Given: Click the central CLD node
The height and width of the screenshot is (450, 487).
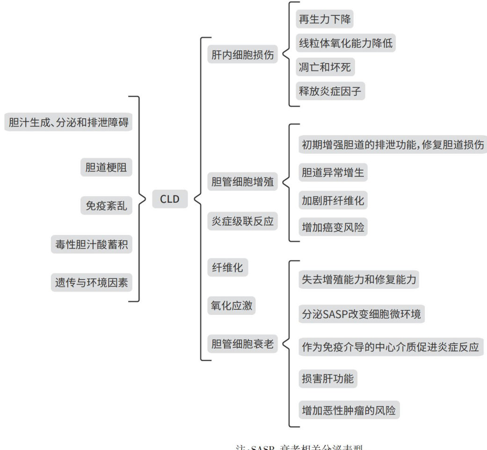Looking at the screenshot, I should click(170, 200).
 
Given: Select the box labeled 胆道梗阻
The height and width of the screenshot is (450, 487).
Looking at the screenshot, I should click(106, 167).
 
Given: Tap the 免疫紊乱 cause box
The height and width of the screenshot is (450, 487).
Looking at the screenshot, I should click(106, 206).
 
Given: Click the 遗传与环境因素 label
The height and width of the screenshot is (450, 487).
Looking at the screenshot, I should click(91, 283).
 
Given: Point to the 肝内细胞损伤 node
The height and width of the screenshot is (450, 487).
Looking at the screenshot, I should click(242, 55).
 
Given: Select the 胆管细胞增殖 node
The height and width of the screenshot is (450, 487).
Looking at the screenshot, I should click(242, 181).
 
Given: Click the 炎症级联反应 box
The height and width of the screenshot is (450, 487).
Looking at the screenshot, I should click(242, 221).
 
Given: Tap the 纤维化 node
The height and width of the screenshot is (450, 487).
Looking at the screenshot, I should click(227, 268).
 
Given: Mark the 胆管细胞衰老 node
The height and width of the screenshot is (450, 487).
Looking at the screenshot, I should click(242, 344).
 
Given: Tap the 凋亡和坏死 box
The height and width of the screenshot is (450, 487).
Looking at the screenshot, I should click(324, 67).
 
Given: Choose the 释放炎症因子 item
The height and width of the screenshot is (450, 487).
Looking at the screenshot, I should click(330, 91).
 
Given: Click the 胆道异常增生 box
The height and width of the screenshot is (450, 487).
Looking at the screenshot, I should click(333, 172).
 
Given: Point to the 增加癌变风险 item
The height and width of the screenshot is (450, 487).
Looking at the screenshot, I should click(333, 228).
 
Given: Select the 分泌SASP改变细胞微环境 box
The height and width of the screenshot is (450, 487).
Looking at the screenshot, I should click(361, 314).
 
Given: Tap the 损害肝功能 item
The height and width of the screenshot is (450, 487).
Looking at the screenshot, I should click(327, 379).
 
